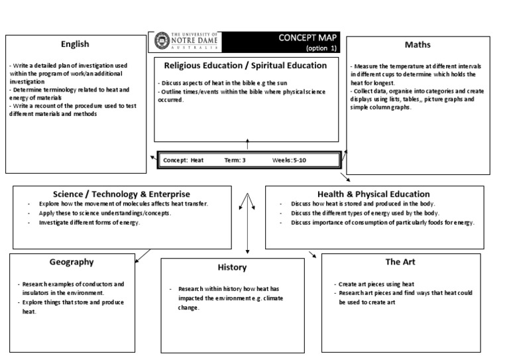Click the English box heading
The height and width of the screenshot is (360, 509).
click(x=75, y=44)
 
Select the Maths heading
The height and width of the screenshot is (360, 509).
click(x=418, y=45)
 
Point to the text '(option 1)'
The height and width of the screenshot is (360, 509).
click(x=321, y=48)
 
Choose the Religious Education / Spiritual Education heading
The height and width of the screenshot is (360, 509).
click(x=245, y=66)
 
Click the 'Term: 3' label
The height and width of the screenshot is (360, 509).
click(x=235, y=160)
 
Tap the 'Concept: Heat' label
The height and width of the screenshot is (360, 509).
click(x=183, y=160)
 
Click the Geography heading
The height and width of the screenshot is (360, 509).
click(x=72, y=262)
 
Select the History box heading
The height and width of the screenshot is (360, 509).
click(x=232, y=267)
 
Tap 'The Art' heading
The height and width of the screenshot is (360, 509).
click(x=400, y=262)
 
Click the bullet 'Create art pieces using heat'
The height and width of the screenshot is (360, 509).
click(x=376, y=284)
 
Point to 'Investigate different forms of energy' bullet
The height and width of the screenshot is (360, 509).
click(x=89, y=223)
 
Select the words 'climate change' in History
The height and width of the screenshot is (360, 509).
click(x=199, y=303)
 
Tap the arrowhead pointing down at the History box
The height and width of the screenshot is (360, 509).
click(x=248, y=252)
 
